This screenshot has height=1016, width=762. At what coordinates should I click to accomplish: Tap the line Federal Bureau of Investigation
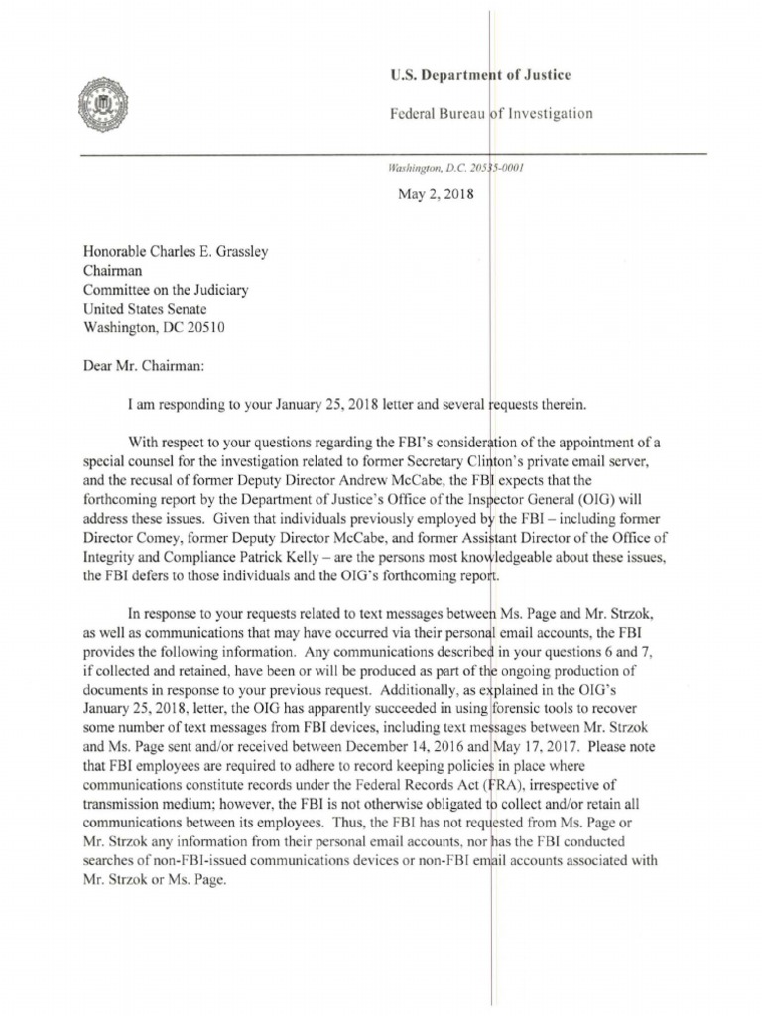click(x=493, y=114)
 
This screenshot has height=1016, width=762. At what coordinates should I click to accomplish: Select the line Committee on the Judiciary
click(x=167, y=290)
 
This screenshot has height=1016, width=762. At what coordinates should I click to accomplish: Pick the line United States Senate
click(x=146, y=309)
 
